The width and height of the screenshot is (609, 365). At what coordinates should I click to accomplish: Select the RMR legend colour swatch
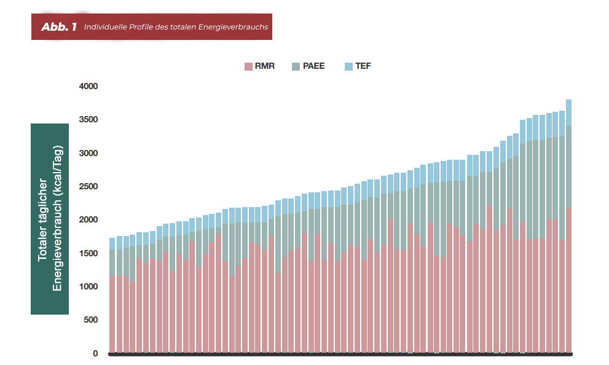248,66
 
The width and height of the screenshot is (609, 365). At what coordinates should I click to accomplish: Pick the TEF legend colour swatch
348,66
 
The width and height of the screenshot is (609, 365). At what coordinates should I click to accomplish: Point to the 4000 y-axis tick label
88,86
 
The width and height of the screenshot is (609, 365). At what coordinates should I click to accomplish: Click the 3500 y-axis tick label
88,119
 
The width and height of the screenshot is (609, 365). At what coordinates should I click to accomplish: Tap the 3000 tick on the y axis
88,153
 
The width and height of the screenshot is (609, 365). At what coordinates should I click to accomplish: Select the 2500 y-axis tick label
88,186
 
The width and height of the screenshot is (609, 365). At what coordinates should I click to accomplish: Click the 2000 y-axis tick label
88,219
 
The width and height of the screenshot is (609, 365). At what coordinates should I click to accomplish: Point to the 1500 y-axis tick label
88,253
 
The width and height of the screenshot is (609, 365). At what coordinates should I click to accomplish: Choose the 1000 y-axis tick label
88,286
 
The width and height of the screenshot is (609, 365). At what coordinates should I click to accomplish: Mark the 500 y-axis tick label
91,320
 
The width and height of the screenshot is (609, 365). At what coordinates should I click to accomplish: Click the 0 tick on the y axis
95,353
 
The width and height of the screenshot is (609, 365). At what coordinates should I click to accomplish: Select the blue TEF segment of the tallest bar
568,112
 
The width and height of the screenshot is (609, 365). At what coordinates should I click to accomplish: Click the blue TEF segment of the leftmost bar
112,243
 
